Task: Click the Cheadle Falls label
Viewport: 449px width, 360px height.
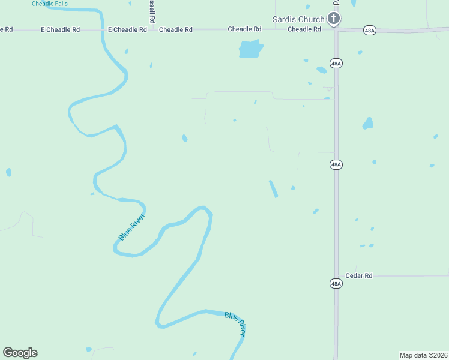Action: pos(50,4)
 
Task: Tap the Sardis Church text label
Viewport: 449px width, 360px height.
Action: pos(298,19)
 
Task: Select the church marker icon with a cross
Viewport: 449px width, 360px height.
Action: pos(334,19)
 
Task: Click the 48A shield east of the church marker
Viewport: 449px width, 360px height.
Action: pos(370,31)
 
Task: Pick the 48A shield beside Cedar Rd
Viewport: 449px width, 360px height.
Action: pos(336,283)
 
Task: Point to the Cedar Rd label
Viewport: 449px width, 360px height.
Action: pos(359,276)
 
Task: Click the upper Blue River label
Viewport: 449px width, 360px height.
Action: pos(131,227)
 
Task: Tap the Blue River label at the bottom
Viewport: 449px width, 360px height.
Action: pos(235,323)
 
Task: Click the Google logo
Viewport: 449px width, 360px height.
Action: pos(20,353)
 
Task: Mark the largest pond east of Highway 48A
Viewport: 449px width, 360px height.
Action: pos(367,124)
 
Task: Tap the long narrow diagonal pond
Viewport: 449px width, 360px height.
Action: pos(273,189)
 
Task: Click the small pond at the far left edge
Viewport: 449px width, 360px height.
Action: pos(8,172)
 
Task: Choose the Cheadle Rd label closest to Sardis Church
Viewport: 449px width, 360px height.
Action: pos(304,29)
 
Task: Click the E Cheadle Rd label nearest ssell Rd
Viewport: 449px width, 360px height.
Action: pos(127,29)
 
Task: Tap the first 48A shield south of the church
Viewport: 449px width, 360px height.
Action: pos(336,63)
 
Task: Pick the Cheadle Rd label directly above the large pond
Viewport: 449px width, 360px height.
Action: pos(244,29)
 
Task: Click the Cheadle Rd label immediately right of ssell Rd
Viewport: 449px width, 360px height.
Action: pos(176,29)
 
